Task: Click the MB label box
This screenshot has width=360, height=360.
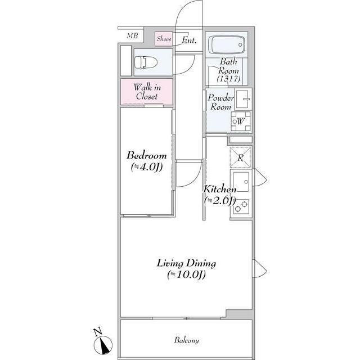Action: (132, 36)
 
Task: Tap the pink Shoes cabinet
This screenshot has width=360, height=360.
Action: (164, 39)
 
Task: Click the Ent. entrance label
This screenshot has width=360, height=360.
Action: (190, 40)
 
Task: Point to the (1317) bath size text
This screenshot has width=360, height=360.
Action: (229, 79)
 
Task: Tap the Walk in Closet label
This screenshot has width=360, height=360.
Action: (146, 92)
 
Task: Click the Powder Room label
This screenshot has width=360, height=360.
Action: (220, 102)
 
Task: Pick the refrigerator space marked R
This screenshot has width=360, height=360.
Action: (240, 157)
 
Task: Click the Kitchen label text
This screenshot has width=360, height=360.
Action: (216, 189)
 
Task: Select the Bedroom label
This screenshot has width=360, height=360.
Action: (146, 156)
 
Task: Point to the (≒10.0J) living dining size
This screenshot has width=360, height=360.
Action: (186, 275)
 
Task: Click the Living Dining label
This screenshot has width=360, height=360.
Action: (186, 263)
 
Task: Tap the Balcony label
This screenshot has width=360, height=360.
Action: (186, 340)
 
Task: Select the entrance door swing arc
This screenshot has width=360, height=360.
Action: (186, 17)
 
